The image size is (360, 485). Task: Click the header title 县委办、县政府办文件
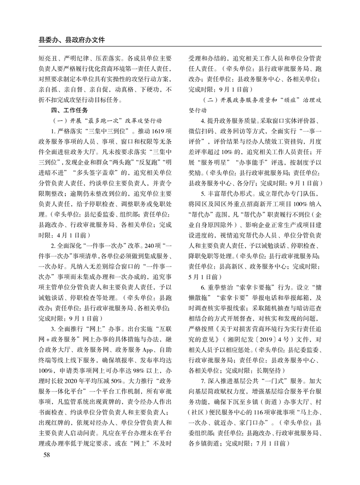click(x=72, y=40)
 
